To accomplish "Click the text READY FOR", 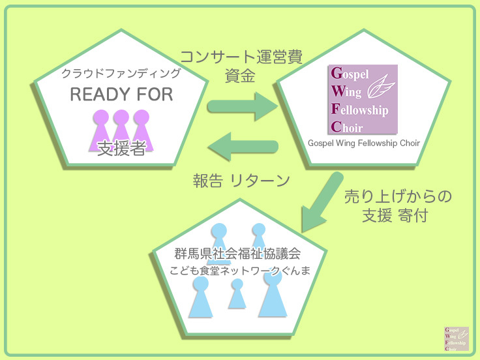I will tap(121, 95).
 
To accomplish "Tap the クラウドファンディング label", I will tap(121, 73).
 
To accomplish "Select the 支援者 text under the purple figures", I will tap(121, 148).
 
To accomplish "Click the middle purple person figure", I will tap(121, 127).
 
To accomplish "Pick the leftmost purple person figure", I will tap(100, 127).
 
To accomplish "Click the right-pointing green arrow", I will tap(242, 105).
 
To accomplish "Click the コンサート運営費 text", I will tap(241, 57).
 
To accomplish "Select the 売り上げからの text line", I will tap(398, 196).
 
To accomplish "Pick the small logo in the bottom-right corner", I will tap(456, 339).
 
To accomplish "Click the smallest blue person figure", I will tap(237, 295).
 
